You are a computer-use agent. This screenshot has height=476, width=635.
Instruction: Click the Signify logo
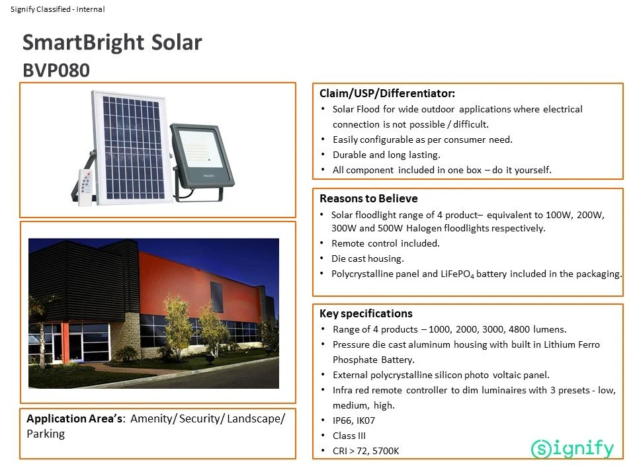click(572, 448)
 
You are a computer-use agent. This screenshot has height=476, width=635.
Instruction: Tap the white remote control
click(85, 187)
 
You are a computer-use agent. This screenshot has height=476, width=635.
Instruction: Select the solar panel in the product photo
click(130, 147)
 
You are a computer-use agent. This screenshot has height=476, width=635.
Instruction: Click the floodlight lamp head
click(202, 155)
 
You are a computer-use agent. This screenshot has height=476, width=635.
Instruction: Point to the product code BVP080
click(56, 71)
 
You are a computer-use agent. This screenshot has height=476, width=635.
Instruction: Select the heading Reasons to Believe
click(368, 198)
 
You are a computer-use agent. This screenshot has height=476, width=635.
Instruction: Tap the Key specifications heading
click(366, 313)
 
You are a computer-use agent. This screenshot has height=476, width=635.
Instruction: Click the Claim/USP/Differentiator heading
click(387, 93)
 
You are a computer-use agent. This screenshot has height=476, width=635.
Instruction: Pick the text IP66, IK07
click(354, 420)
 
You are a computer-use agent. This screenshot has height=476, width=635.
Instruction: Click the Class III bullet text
click(349, 436)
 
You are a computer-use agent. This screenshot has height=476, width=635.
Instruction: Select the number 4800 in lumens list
click(519, 329)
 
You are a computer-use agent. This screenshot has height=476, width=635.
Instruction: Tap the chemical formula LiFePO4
click(457, 274)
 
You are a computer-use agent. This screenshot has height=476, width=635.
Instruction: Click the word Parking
click(46, 434)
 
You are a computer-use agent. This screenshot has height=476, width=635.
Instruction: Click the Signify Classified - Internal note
click(58, 9)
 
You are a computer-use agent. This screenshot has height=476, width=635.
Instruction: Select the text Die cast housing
click(368, 258)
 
